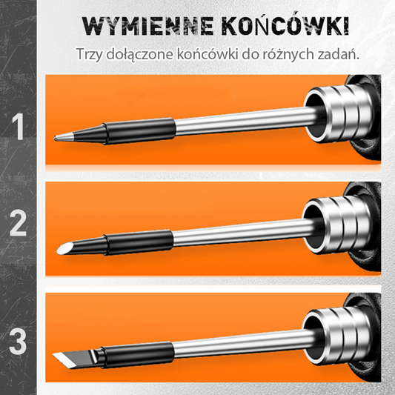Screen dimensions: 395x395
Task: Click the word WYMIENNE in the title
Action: (x=147, y=26)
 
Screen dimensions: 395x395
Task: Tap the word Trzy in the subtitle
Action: (x=89, y=54)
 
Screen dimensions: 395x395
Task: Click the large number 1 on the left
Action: (x=18, y=127)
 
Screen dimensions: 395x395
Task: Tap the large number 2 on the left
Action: (x=18, y=223)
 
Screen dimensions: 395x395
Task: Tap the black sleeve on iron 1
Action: (x=139, y=131)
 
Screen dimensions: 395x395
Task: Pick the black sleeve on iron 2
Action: (x=138, y=242)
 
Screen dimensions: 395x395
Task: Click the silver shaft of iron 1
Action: (x=242, y=122)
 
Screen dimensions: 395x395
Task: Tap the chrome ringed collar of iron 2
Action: (x=337, y=225)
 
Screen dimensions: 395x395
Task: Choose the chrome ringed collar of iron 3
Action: (x=337, y=336)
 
